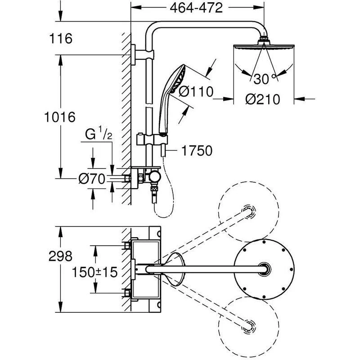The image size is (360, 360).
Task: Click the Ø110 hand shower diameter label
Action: click(x=195, y=91)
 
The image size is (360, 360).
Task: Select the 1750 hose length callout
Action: click(x=197, y=151)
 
